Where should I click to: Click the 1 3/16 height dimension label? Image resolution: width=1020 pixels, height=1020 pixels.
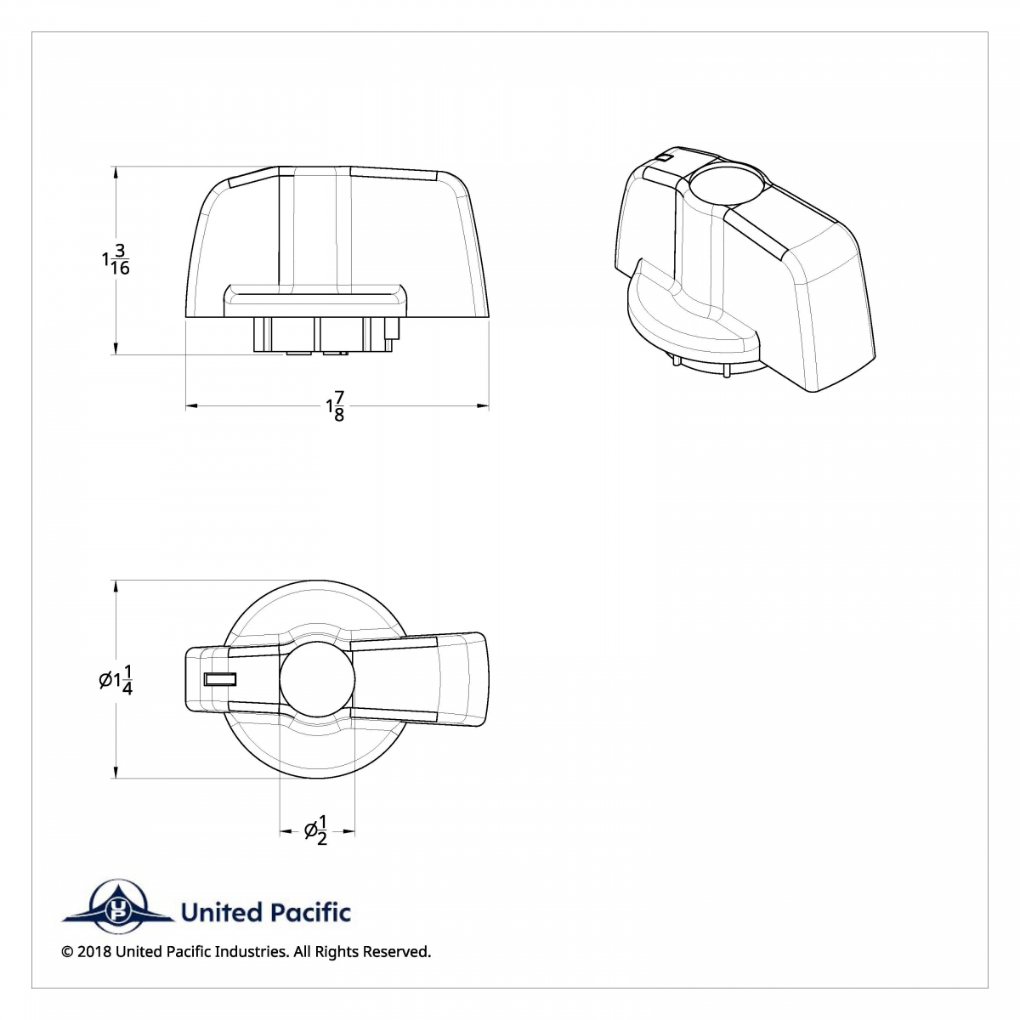(116, 258)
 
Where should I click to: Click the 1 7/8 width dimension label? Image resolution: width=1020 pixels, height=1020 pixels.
(336, 406)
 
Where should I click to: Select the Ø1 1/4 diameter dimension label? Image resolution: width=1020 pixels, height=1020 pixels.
(116, 679)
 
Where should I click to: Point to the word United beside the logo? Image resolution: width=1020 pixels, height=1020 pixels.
(221, 913)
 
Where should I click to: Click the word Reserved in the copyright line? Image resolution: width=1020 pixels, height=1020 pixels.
(396, 952)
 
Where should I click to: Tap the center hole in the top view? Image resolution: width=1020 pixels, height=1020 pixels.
(316, 677)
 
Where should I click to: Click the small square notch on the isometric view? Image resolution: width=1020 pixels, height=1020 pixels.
(665, 157)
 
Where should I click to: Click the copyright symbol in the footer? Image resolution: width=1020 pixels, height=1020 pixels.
(67, 952)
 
